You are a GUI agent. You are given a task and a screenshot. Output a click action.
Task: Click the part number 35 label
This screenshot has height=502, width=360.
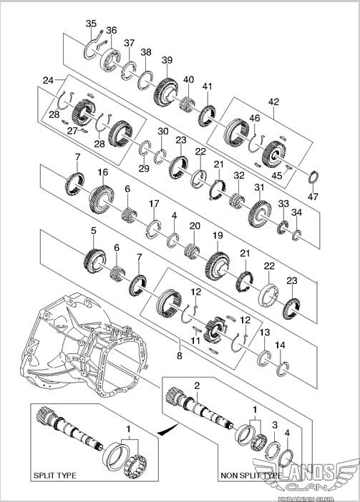(x=91, y=24)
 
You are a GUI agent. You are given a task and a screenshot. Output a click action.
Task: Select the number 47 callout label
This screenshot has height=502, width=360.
(x=313, y=196)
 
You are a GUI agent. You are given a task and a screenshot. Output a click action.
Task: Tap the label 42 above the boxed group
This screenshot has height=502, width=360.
(x=273, y=102)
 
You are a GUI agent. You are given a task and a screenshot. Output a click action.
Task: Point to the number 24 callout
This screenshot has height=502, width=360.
(x=48, y=80)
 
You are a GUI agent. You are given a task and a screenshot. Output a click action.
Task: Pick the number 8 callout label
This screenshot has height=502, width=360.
(x=180, y=355)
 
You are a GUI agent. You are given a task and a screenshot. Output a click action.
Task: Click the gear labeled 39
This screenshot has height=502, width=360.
(x=165, y=92)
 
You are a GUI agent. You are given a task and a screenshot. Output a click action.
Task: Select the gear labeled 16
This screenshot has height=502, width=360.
(x=101, y=200)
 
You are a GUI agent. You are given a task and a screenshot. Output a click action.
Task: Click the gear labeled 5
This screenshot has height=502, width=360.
(x=94, y=261)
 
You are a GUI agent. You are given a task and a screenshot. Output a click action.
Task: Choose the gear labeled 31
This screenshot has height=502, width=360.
(x=259, y=214)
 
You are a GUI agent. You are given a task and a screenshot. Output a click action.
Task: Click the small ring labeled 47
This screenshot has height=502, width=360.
(x=314, y=177)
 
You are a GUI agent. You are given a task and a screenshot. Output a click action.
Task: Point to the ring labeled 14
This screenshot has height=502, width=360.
(x=283, y=369)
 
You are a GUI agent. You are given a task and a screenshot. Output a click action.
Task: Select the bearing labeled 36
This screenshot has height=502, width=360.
(x=110, y=59)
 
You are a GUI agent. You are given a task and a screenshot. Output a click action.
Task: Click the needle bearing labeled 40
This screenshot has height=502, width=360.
(x=188, y=104)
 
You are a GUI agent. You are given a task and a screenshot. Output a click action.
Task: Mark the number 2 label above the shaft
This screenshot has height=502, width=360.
(x=197, y=385)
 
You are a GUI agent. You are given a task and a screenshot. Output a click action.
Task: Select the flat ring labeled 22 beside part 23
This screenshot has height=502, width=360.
(x=268, y=295)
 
